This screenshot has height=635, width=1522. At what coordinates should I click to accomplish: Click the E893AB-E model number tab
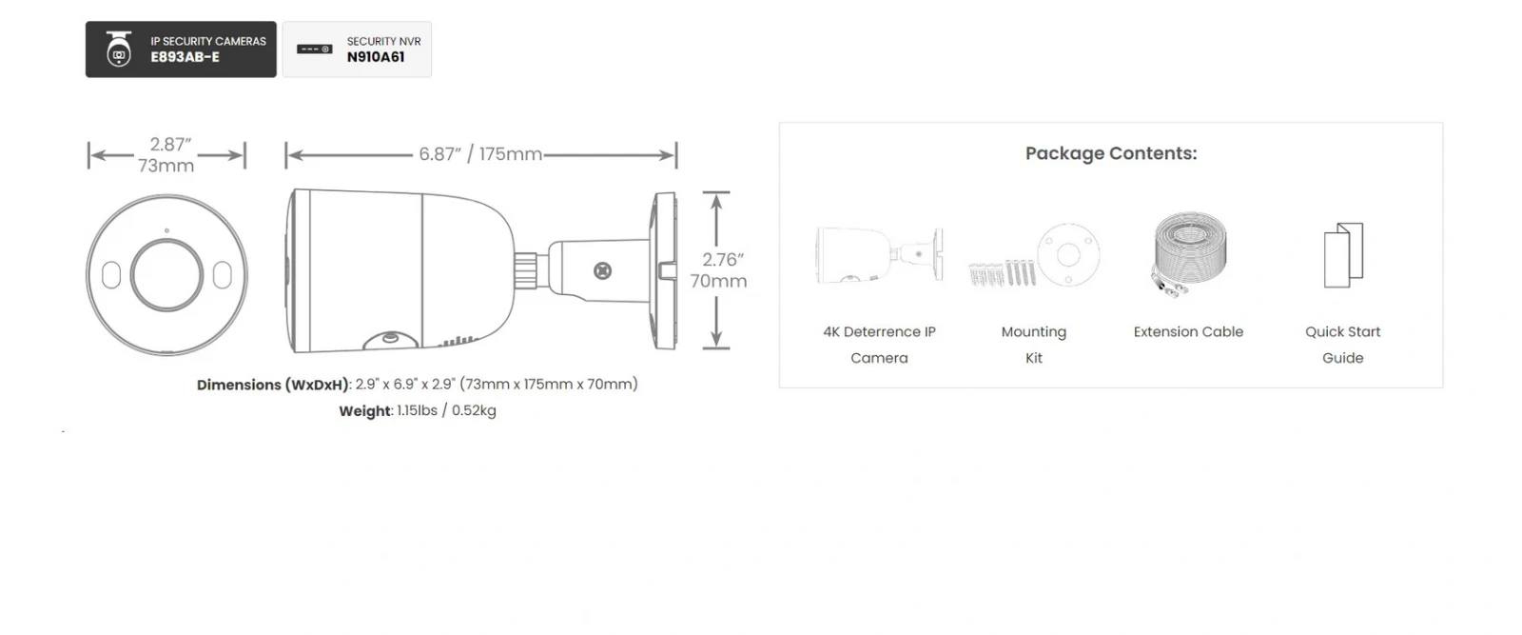181,49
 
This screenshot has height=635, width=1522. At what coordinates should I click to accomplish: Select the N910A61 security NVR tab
357,49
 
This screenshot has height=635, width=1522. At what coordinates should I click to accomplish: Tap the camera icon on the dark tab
119,49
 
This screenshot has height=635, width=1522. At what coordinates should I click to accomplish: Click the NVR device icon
315,49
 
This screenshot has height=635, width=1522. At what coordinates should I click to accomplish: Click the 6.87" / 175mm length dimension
480,154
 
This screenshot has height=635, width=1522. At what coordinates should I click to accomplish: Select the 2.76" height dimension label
719,270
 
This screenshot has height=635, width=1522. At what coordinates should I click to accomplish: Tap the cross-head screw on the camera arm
603,271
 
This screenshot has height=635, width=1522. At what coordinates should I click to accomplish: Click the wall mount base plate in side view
664,270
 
